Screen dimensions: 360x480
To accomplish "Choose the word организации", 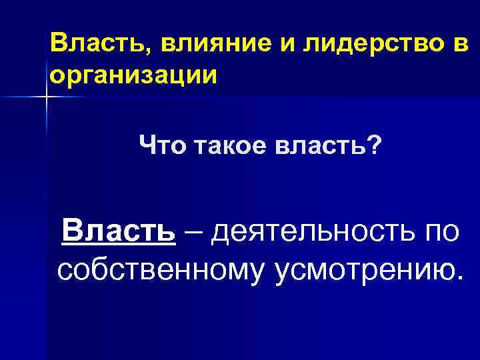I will click(133, 75).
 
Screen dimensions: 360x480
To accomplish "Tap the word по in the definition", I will click(439, 234).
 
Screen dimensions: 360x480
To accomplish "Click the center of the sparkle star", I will click(47, 97).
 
